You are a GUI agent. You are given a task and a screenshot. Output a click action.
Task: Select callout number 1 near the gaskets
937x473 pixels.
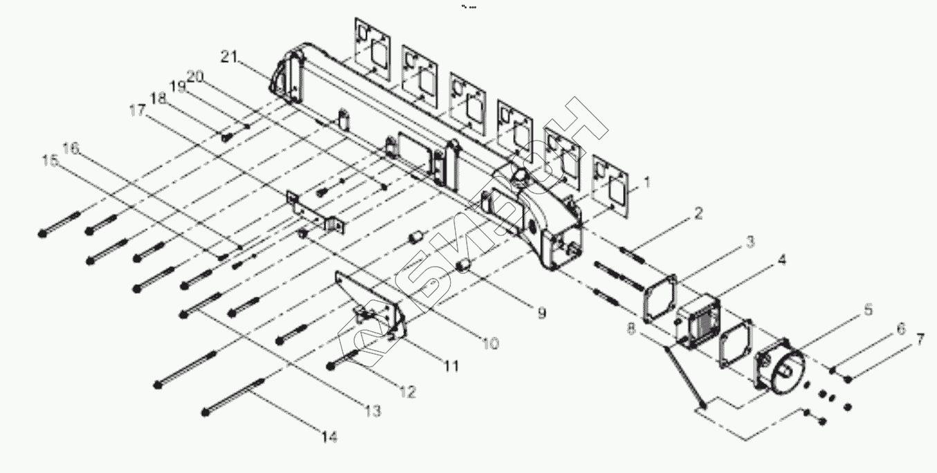(x=647, y=183)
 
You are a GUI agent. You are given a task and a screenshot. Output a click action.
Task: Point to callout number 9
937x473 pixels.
(x=541, y=313)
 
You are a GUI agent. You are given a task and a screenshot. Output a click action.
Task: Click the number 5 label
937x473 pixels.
(x=866, y=310)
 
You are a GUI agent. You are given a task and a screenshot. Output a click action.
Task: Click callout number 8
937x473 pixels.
(x=630, y=329)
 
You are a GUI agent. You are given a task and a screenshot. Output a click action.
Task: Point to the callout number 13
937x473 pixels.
(x=373, y=411)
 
